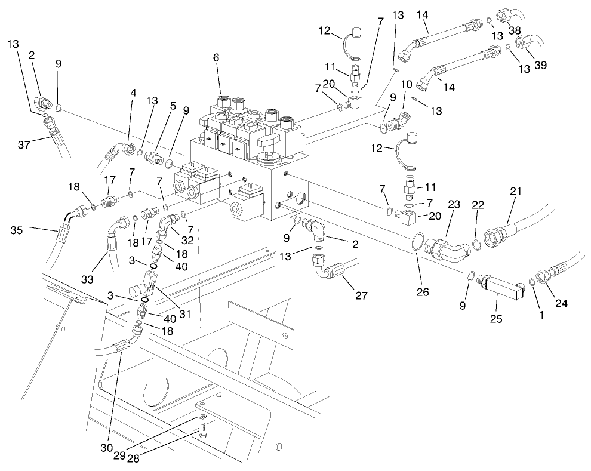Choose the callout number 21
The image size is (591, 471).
[x=515, y=191]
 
